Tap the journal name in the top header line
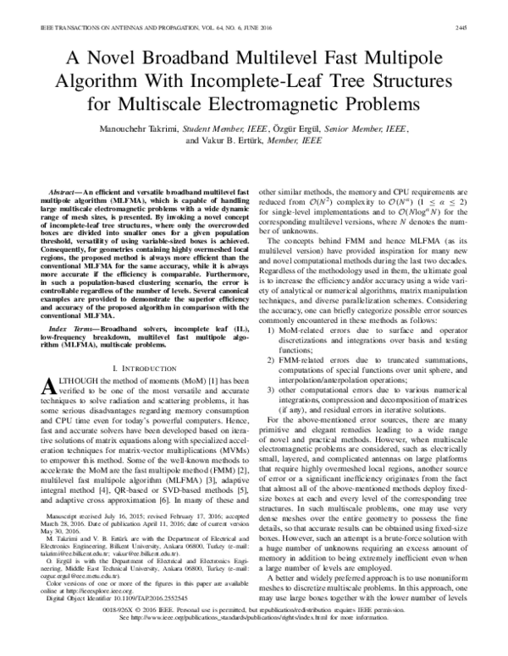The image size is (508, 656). [110, 6]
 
